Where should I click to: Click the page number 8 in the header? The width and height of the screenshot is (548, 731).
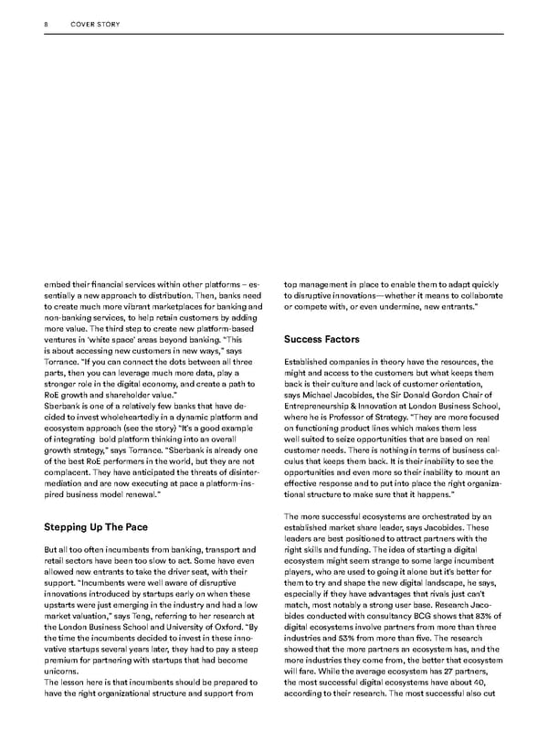pos(46,26)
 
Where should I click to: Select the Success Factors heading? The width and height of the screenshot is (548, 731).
pos(321,339)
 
